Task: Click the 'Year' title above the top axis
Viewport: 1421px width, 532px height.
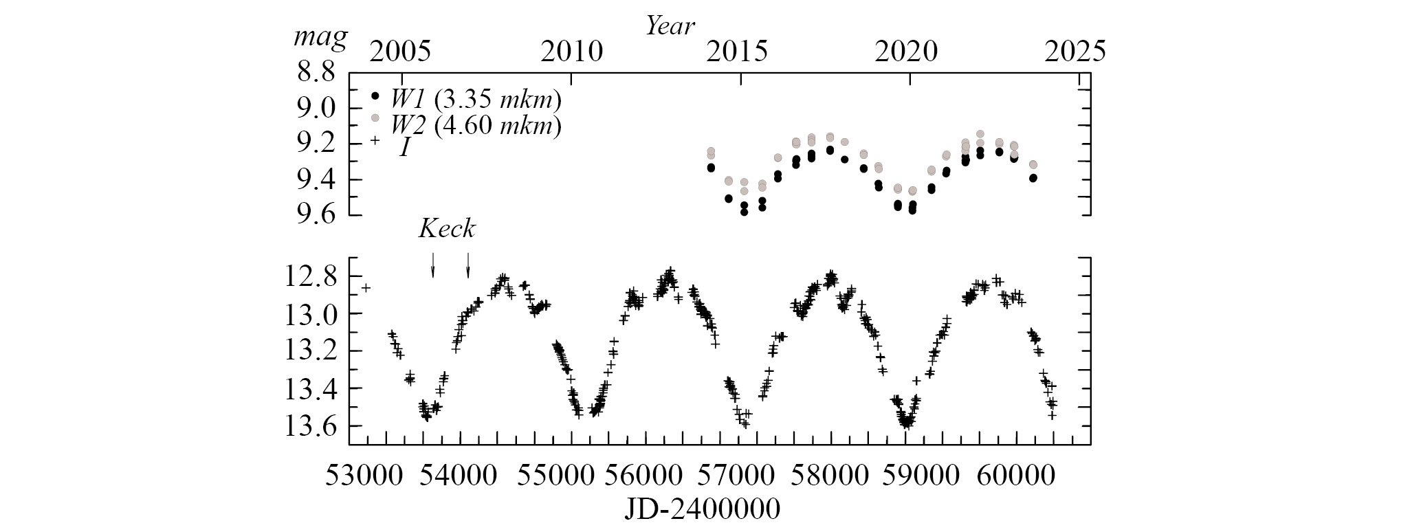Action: coord(670,26)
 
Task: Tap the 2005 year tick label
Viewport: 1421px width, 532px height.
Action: coord(400,52)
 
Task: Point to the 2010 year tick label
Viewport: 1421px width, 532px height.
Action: coord(571,52)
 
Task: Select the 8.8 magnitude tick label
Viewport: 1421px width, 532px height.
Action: coord(316,71)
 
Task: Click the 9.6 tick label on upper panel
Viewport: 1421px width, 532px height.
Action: coord(316,214)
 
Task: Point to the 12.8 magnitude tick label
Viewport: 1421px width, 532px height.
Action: coord(311,277)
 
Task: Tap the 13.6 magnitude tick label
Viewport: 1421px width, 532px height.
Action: coord(311,426)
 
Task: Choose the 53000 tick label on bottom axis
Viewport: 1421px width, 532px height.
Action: coord(366,475)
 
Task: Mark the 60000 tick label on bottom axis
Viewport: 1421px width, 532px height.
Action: coord(1017,475)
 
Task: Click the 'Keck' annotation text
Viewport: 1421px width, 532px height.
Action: coord(447,229)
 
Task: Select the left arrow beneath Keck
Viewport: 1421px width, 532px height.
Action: coord(432,265)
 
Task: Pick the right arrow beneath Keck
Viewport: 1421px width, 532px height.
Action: coord(468,265)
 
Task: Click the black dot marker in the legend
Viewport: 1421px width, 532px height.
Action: coord(375,96)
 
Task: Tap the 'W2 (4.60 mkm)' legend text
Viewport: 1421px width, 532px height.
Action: coord(476,125)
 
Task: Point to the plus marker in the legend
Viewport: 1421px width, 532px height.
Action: coord(375,140)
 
